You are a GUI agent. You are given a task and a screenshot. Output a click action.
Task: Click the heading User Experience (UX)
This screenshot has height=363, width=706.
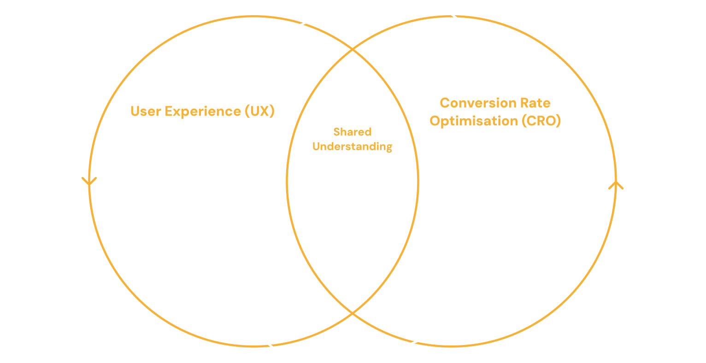tap(202, 111)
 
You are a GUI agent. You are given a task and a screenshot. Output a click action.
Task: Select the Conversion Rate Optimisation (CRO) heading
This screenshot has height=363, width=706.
tap(495, 112)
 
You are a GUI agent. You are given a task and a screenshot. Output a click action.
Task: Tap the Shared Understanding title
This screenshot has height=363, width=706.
tap(352, 139)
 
